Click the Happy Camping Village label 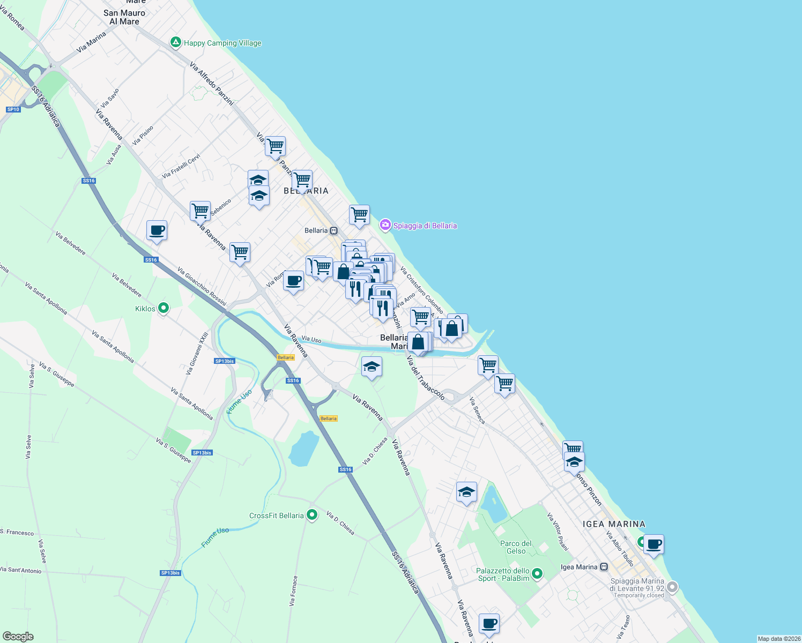coord(222,43)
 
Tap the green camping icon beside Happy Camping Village coord(175,42)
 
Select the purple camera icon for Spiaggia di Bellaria coord(385,225)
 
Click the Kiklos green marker coord(164,308)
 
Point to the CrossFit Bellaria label coord(276,515)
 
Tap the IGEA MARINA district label coord(614,524)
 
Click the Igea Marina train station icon coord(604,567)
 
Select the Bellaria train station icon coord(333,230)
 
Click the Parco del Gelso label coord(516,547)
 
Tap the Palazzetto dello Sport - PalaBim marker coord(537,574)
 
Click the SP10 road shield coord(13,109)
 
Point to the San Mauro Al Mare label coord(124,17)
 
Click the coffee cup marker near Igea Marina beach coord(654,545)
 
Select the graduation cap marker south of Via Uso coord(372,367)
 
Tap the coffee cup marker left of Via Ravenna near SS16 coord(157,231)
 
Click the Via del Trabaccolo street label coord(426,378)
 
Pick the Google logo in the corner coord(18,637)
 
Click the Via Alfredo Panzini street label coord(212,84)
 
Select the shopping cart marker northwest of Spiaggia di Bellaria coord(359,215)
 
